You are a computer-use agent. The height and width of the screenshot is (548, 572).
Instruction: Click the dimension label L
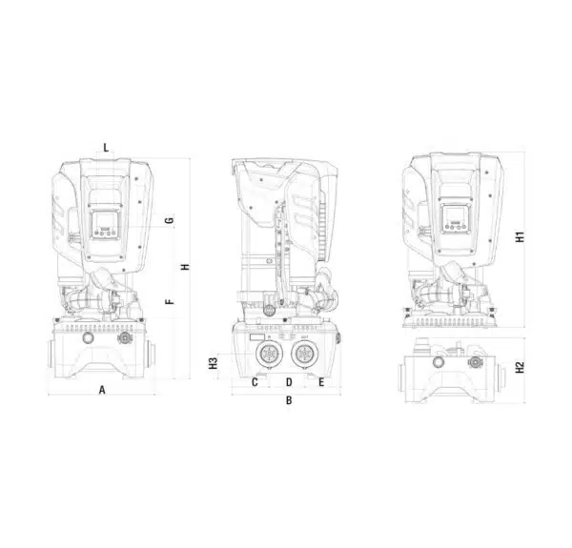106,148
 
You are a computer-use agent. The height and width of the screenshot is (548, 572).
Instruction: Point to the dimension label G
170,220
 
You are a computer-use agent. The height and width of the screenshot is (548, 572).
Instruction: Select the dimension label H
186,267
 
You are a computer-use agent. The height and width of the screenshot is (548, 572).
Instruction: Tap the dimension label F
170,301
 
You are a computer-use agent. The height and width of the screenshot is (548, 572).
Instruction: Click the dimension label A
102,390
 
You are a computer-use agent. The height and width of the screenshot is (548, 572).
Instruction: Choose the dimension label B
289,400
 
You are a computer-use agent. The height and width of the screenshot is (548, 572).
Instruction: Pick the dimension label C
255,382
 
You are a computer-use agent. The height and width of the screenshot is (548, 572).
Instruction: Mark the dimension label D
289,382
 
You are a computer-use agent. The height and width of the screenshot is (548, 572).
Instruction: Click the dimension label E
321,382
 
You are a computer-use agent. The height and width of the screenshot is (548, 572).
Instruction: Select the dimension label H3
213,363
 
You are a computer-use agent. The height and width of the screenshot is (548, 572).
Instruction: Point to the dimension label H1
520,236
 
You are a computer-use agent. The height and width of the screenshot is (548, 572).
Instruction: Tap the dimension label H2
520,367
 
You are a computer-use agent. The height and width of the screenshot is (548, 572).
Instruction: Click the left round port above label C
269,354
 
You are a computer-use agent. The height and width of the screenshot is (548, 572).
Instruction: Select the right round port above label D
304,354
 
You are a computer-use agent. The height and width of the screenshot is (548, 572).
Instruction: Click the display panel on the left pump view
105,224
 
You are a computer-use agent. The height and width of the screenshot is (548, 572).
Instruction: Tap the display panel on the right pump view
455,219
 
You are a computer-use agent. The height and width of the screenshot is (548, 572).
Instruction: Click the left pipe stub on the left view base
52,355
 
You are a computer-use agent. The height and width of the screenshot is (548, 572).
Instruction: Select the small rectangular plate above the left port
256,337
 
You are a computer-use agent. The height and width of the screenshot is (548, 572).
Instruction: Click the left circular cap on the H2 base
438,362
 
